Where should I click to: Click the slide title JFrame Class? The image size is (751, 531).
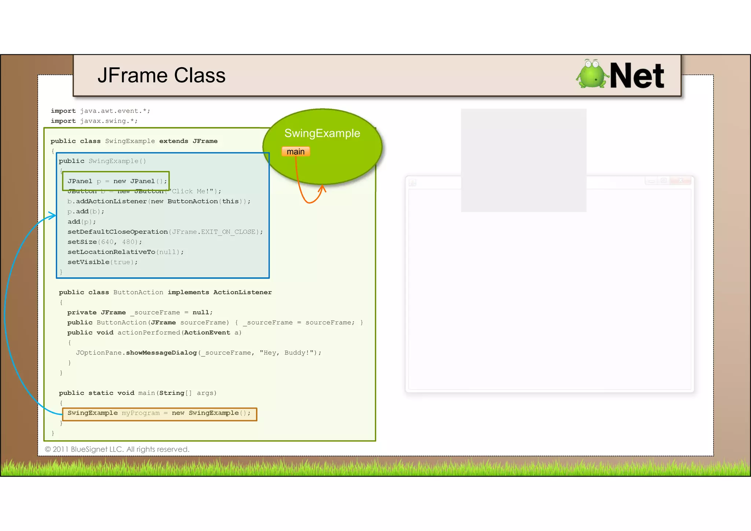coord(161,76)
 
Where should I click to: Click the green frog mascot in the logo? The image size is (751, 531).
coord(591,74)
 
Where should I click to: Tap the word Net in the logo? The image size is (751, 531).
coord(637,76)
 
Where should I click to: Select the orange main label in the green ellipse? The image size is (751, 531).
coord(296,152)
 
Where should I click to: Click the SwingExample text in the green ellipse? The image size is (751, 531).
coord(322,133)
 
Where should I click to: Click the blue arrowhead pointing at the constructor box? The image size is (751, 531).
coord(52,215)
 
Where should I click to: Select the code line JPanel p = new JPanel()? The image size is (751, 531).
coord(117,181)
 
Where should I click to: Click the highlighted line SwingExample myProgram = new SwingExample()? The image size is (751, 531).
coord(159,413)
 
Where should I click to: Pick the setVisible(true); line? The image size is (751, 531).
coord(102,262)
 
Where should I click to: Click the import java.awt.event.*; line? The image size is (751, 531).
coord(100,111)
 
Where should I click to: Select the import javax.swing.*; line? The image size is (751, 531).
coord(94,121)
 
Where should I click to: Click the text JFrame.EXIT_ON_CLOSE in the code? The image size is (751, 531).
coord(213,232)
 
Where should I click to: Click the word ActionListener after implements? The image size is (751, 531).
coord(242,292)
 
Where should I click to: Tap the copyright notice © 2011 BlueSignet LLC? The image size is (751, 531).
coord(117,449)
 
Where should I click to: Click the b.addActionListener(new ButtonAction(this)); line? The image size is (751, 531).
coord(159,201)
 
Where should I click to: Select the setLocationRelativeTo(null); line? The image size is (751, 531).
coord(125,252)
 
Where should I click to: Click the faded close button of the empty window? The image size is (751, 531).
coord(681,181)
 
